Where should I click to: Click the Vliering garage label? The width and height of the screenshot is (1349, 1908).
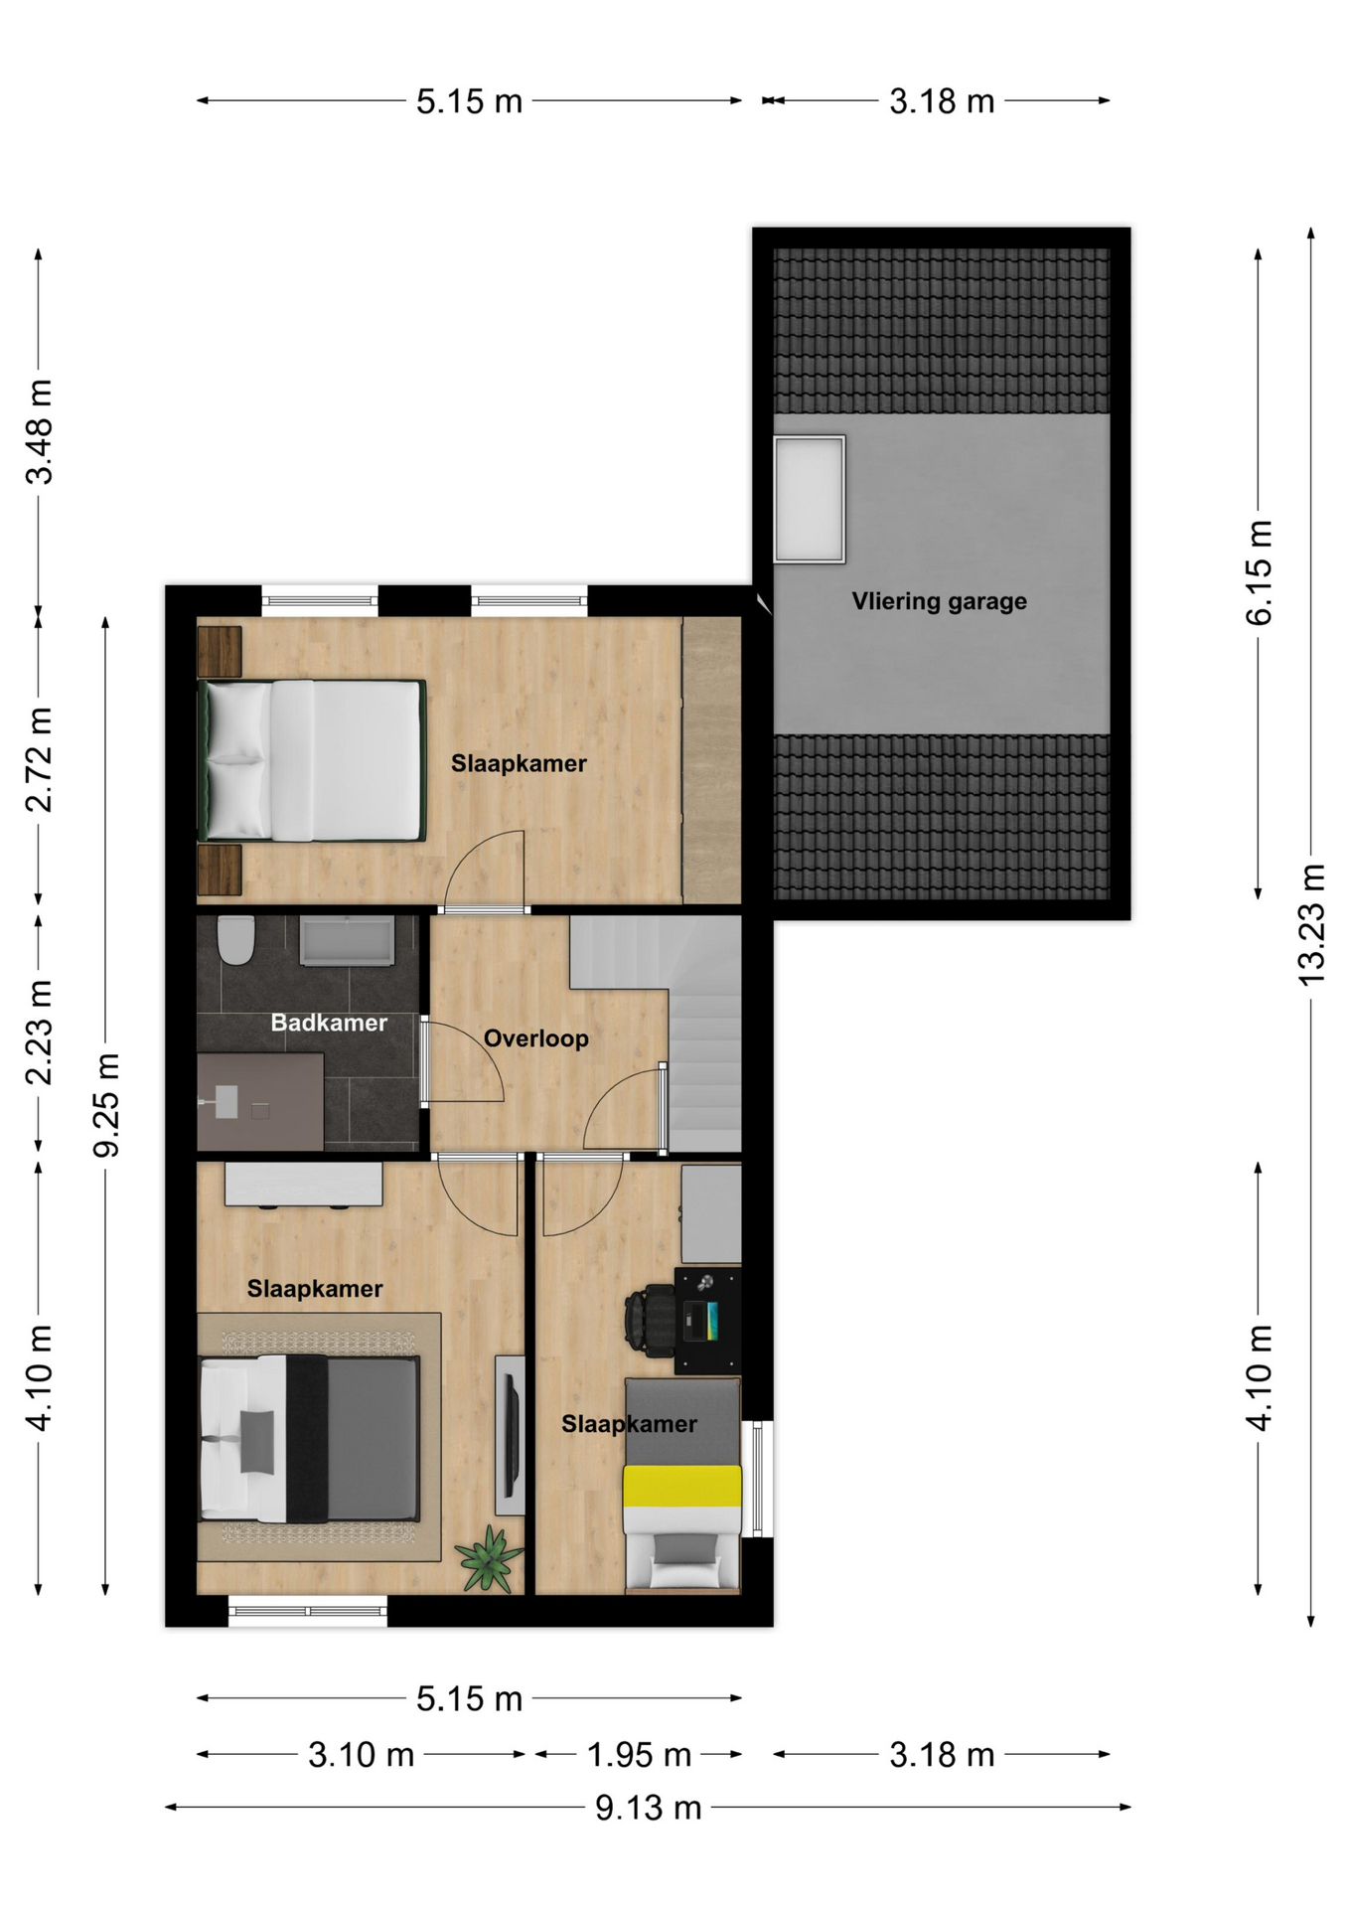click(939, 601)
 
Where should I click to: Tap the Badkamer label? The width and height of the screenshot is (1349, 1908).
click(329, 1023)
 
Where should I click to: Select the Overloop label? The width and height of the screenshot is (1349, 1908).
click(536, 1038)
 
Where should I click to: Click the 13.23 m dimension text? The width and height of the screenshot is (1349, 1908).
click(1311, 925)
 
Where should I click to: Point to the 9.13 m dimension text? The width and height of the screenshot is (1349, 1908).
click(649, 1808)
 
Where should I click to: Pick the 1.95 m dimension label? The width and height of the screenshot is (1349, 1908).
click(639, 1755)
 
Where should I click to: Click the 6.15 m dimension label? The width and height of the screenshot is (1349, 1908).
click(1259, 572)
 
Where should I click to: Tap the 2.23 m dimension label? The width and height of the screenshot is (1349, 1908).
click(39, 1033)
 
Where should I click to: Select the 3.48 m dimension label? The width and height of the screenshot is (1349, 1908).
click(39, 431)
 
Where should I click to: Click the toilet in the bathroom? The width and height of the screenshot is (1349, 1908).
click(236, 940)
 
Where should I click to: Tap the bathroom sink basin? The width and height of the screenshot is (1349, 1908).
click(347, 941)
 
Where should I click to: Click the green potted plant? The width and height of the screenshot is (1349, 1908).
click(488, 1558)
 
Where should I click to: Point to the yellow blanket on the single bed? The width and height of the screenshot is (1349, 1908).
click(682, 1486)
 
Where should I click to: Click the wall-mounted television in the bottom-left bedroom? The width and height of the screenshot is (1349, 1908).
click(511, 1434)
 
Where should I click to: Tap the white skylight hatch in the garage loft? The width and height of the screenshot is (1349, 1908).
click(809, 499)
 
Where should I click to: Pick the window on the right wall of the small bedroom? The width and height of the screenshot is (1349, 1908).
click(758, 1478)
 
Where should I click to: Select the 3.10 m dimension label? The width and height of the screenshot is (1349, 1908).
click(361, 1755)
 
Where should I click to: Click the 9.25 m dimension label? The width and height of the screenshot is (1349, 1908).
click(106, 1105)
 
